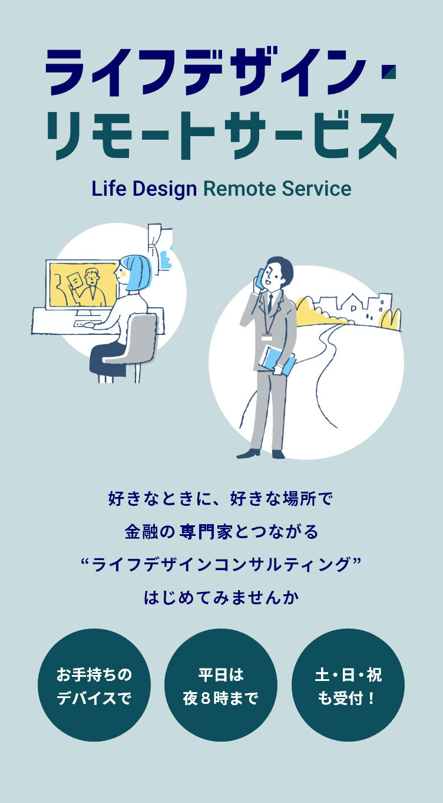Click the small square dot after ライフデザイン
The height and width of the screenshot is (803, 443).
[389, 71]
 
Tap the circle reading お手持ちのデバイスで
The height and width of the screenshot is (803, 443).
[94, 685]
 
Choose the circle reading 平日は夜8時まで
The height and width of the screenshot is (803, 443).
[221, 685]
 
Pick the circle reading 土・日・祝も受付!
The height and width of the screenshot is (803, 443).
[348, 685]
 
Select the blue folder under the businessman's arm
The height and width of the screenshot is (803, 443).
[277, 360]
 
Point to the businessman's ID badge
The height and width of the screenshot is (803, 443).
[267, 337]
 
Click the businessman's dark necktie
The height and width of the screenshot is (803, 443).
[270, 304]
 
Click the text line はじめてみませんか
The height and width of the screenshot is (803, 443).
[221, 598]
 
